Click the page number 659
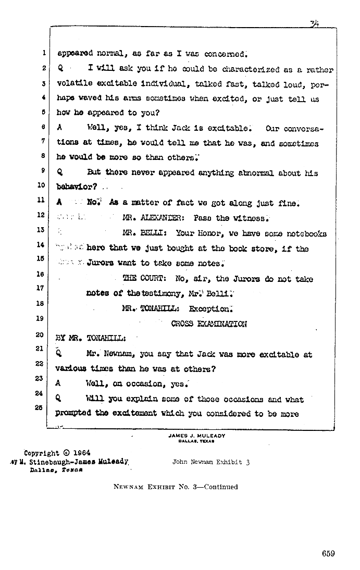coord(328,554)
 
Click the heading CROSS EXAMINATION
coord(209,324)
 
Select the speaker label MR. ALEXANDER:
coord(152,218)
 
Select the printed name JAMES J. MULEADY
coord(197,436)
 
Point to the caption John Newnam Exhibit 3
coord(210,462)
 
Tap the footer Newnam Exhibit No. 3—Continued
coord(176,487)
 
